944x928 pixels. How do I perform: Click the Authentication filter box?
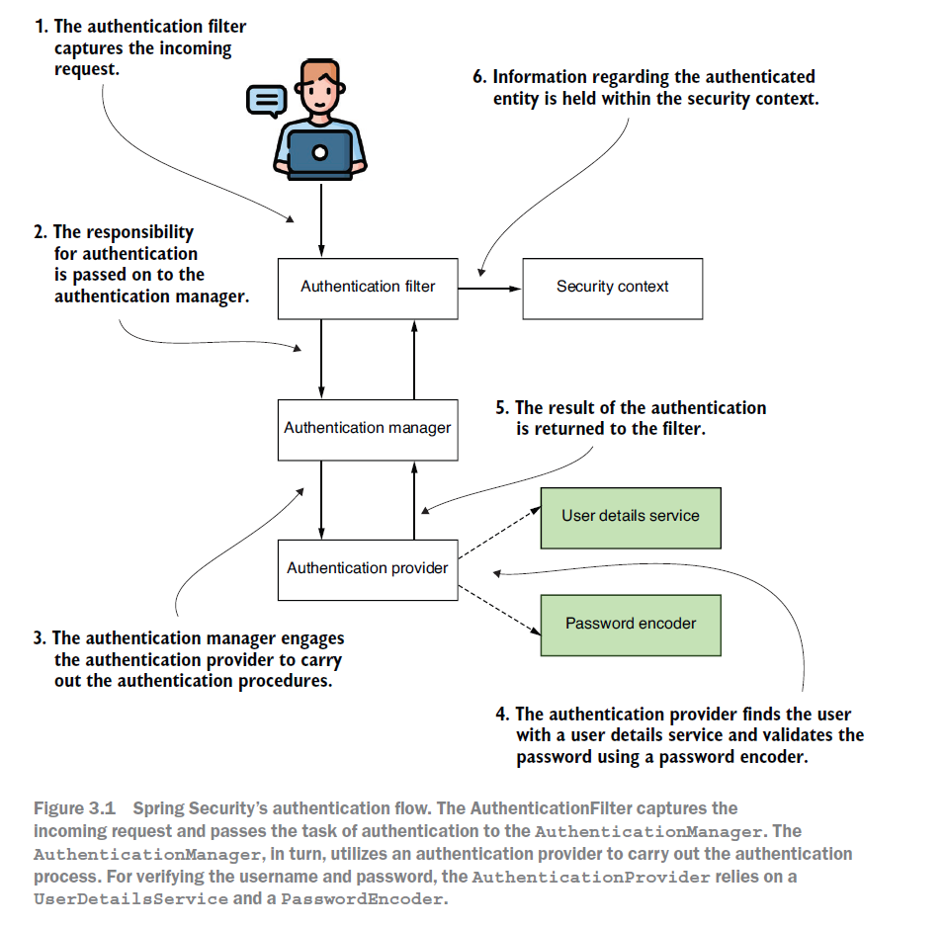tap(368, 288)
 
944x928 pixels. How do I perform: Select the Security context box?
tap(612, 288)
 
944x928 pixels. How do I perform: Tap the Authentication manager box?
tap(368, 429)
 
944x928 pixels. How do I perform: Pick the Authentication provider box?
tap(368, 569)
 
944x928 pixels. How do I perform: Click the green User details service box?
tap(631, 517)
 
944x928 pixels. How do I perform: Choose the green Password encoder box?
tap(631, 625)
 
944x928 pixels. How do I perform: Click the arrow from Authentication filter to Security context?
tap(489, 289)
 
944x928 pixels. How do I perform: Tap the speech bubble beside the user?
tap(266, 100)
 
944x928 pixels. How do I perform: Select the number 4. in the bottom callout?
tap(502, 715)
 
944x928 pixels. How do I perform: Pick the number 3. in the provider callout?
tap(40, 639)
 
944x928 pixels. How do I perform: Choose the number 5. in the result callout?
tap(502, 408)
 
